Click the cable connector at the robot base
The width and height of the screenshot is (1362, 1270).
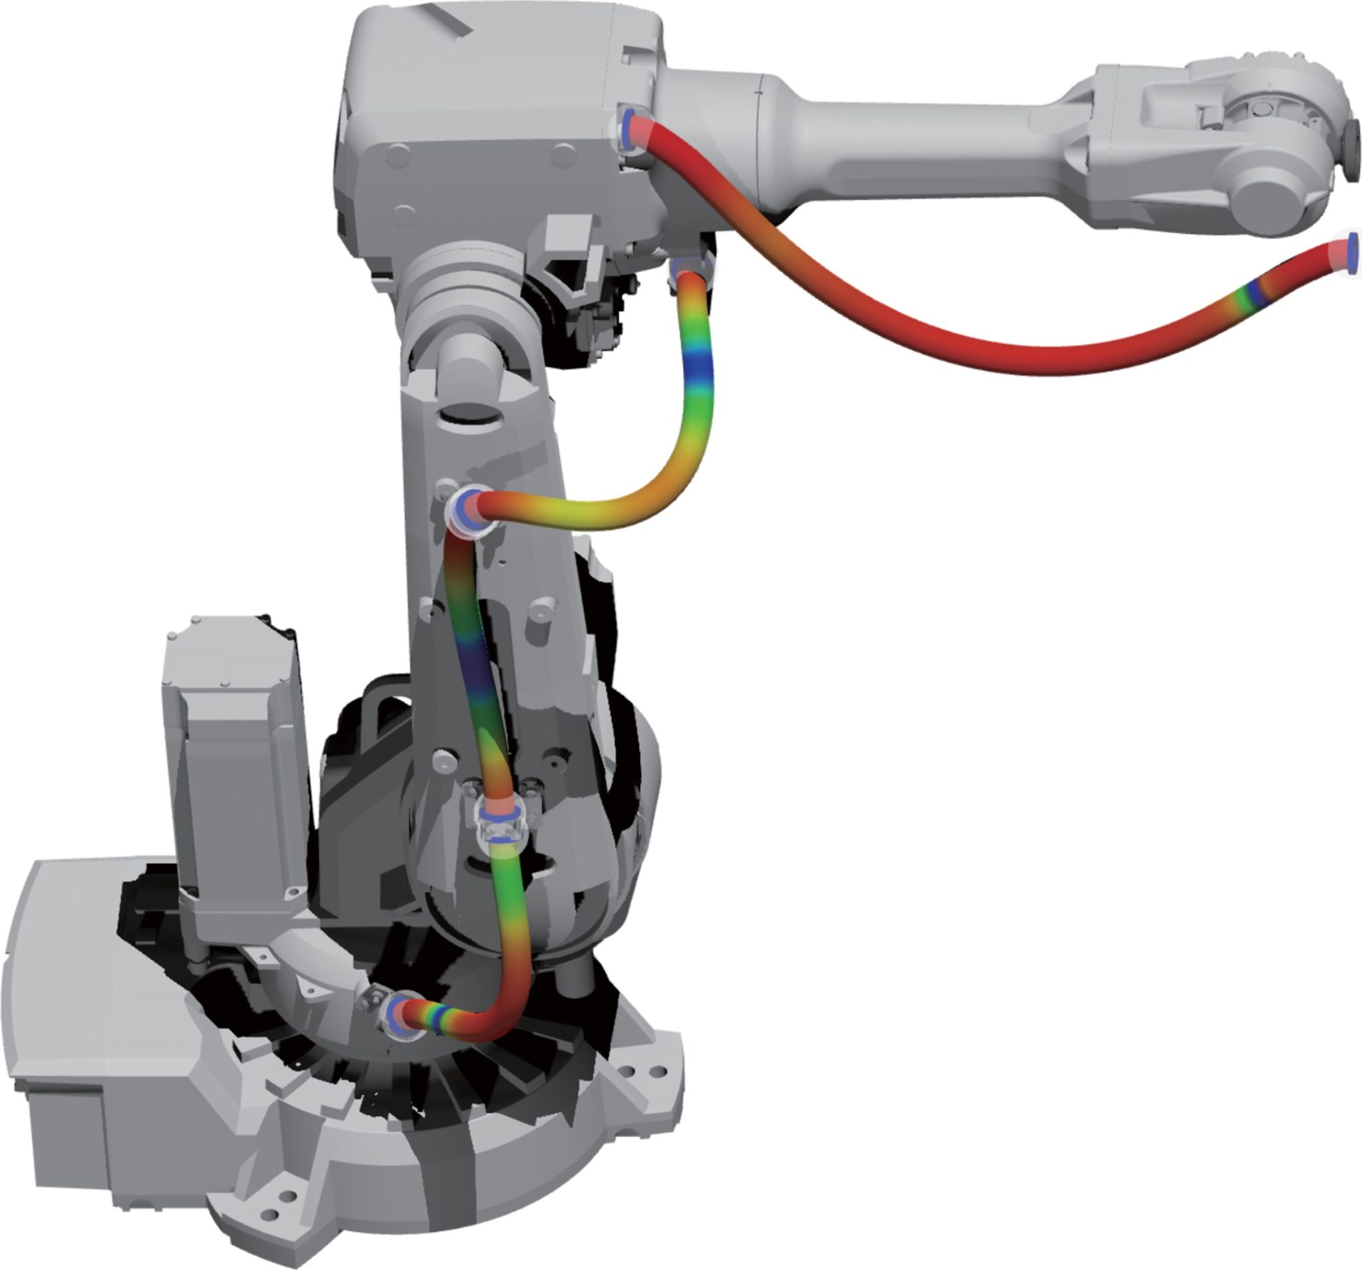401,1016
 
